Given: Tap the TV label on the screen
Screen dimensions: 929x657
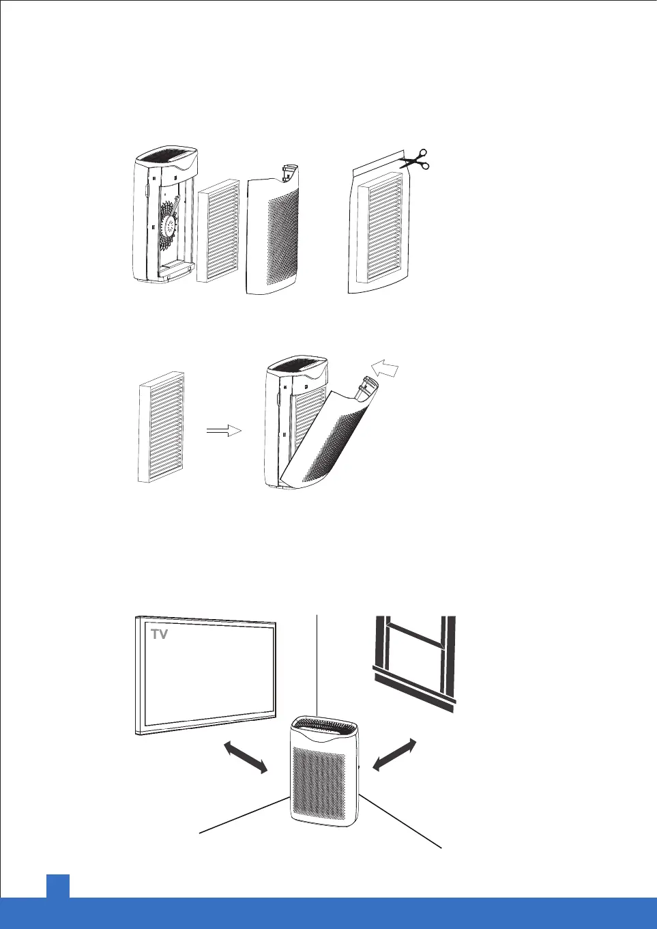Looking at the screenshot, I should point(160,634).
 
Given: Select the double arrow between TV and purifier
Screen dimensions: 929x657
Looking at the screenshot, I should point(246,758).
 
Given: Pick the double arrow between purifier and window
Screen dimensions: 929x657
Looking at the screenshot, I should point(394,755).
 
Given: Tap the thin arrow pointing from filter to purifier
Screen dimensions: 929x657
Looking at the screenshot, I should point(224,430).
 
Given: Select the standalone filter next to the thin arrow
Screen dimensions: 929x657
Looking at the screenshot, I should point(161,427).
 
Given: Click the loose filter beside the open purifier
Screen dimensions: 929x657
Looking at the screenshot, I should point(218,231).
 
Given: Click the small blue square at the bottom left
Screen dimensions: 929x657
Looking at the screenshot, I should point(58,886).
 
